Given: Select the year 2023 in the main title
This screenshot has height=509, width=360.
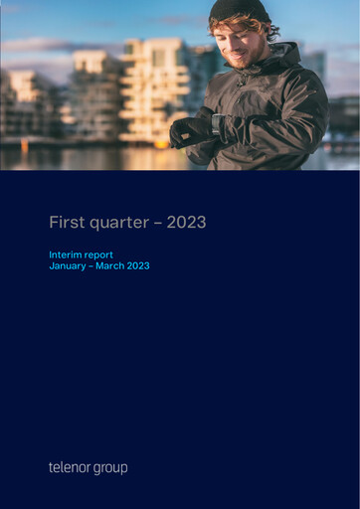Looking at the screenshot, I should pos(187,223).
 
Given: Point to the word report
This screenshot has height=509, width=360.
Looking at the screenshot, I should pos(99,254).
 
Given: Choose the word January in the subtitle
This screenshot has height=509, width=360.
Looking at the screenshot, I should pos(68,266).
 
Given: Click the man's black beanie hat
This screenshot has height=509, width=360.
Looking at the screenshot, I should pos(240,10).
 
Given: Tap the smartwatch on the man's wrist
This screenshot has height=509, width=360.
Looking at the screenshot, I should pos(217,124).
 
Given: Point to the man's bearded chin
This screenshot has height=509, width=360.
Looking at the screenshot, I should pos(238,61).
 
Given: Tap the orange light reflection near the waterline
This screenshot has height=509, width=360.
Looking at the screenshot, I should pos(25,144).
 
